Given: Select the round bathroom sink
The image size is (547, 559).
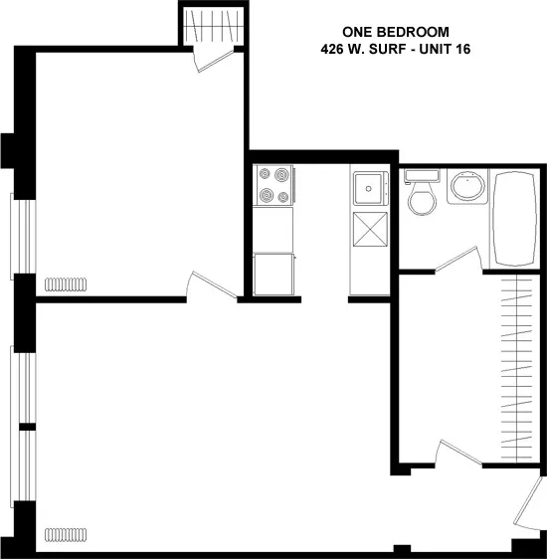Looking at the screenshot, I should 466,187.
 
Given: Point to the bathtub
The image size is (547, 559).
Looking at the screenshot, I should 515,219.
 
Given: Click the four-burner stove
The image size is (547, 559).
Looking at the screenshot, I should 274,186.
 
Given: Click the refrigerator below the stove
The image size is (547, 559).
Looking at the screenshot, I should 274,274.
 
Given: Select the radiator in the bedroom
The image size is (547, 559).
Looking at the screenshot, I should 67,284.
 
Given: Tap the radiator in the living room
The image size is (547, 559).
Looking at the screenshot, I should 67,535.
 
